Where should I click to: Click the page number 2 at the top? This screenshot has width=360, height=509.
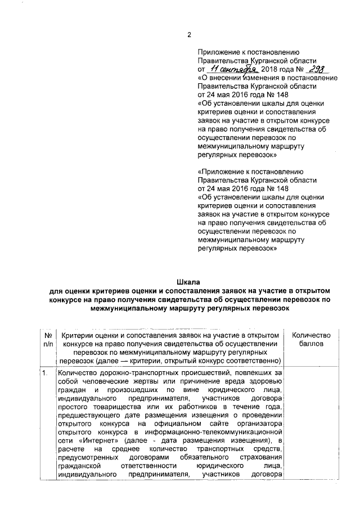[189, 35]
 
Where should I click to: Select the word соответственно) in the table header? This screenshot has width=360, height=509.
[250, 360]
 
